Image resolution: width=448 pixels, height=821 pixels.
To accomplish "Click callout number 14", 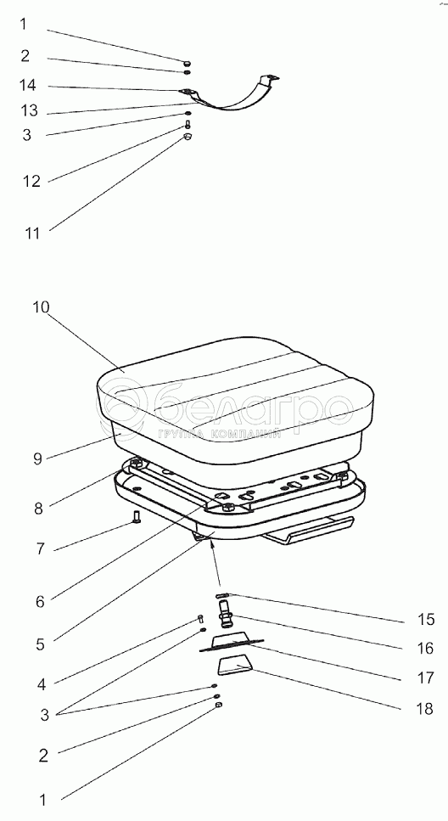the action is pyautogui.click(x=28, y=84).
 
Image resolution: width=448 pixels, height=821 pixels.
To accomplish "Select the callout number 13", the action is pyautogui.click(x=30, y=110).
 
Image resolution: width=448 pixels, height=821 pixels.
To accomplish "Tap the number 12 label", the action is pyautogui.click(x=31, y=181).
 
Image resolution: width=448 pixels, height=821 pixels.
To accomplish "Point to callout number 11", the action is pyautogui.click(x=32, y=233).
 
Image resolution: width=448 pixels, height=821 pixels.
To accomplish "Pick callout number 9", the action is pyautogui.click(x=37, y=458).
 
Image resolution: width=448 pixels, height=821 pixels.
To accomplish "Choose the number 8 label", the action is pyautogui.click(x=38, y=508).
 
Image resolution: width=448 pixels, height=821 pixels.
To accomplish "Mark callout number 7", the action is pyautogui.click(x=40, y=549).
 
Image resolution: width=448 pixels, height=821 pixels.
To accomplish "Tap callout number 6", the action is pyautogui.click(x=40, y=601).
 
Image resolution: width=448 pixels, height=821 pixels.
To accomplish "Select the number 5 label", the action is pyautogui.click(x=40, y=644).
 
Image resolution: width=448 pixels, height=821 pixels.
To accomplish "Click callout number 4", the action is pyautogui.click(x=42, y=683).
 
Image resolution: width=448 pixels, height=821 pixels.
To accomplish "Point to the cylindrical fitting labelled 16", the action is pyautogui.click(x=226, y=615).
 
